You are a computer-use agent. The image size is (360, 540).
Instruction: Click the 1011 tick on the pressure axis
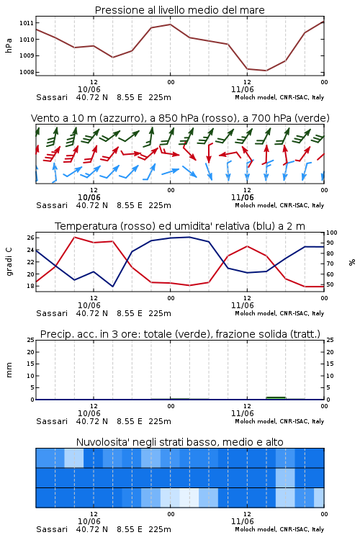tap(26, 23)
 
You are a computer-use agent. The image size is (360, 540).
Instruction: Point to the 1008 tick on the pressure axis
tap(26, 72)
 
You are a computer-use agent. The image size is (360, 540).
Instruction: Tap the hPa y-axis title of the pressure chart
tap(9, 45)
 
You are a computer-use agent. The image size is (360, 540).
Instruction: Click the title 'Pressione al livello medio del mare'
tap(180, 10)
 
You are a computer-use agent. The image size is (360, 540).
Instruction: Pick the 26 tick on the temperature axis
tap(30, 238)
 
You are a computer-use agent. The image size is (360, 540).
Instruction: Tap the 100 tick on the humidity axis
tap(332, 233)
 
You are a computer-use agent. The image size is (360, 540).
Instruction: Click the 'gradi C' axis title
tap(9, 262)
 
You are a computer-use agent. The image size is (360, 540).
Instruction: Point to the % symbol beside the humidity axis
tap(352, 262)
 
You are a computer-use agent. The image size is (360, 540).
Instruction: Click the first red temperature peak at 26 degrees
tap(75, 237)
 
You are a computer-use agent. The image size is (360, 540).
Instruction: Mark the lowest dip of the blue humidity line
tap(112, 287)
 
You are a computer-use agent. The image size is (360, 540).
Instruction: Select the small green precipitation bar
tap(276, 398)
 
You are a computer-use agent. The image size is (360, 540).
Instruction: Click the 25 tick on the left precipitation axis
tap(31, 341)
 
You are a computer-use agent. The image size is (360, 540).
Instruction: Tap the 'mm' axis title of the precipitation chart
tap(9, 370)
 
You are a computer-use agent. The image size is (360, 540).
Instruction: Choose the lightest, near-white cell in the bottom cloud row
tap(189, 498)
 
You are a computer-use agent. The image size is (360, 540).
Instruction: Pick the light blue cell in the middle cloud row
tap(285, 478)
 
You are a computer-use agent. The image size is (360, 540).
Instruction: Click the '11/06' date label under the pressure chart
tap(243, 89)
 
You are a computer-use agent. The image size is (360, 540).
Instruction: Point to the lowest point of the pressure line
tap(266, 71)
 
